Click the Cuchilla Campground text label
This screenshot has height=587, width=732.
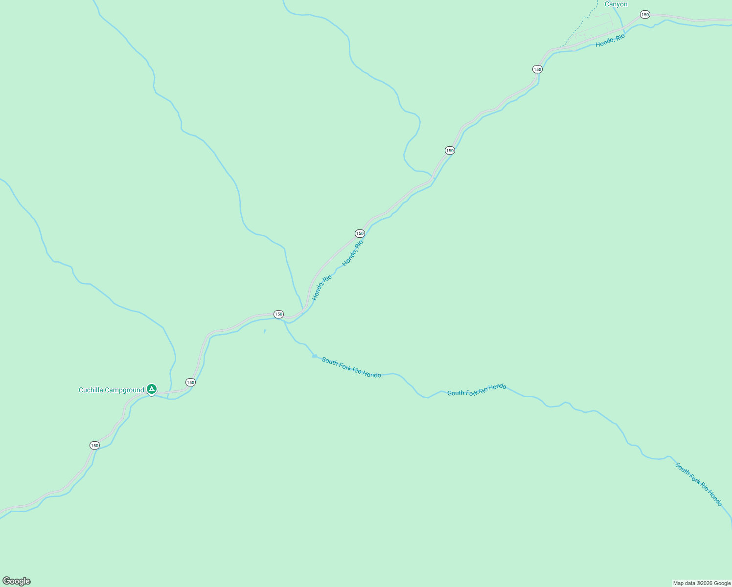[111, 390]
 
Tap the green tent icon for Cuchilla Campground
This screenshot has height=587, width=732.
[152, 389]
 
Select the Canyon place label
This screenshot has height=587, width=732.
[616, 4]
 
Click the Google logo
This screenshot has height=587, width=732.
[17, 581]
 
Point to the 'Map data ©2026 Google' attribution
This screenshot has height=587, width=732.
[701, 583]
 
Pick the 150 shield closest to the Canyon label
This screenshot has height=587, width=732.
[645, 15]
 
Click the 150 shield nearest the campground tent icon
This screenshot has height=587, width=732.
[190, 382]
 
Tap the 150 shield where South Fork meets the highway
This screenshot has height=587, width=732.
[278, 314]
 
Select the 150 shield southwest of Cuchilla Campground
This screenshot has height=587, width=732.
[94, 445]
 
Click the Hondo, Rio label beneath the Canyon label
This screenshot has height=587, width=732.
[610, 41]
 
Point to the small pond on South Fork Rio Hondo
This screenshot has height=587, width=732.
[315, 356]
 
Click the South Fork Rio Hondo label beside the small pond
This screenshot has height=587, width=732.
[351, 367]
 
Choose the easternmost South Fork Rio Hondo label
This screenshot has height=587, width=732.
[698, 484]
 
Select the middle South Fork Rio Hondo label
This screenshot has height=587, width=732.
[477, 389]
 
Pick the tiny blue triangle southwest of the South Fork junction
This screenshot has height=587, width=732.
[265, 331]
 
